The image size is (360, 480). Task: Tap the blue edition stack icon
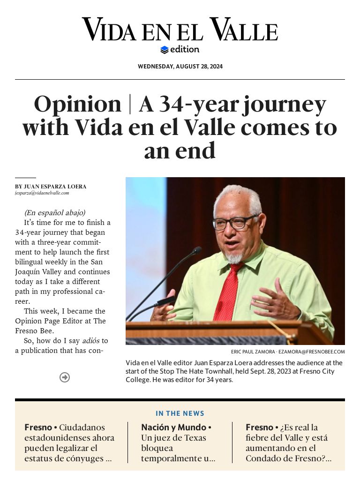coord(164,50)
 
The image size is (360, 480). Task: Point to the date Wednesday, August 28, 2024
coord(180,67)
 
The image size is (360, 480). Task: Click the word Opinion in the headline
coord(77,104)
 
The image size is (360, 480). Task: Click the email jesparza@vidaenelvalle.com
coord(42,193)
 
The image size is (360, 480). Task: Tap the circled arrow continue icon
coord(65,377)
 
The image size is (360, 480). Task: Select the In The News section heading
coord(180,413)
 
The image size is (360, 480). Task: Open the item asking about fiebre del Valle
coord(288,443)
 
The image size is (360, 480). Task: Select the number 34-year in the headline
coord(197,104)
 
